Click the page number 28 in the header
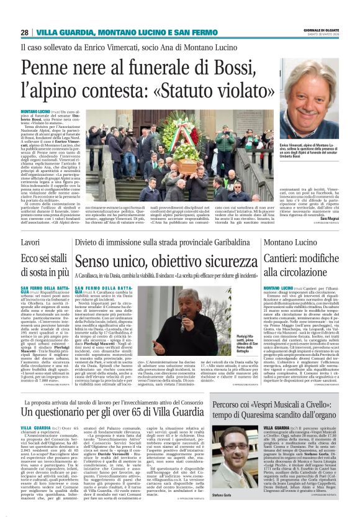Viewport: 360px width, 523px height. (24, 32)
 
